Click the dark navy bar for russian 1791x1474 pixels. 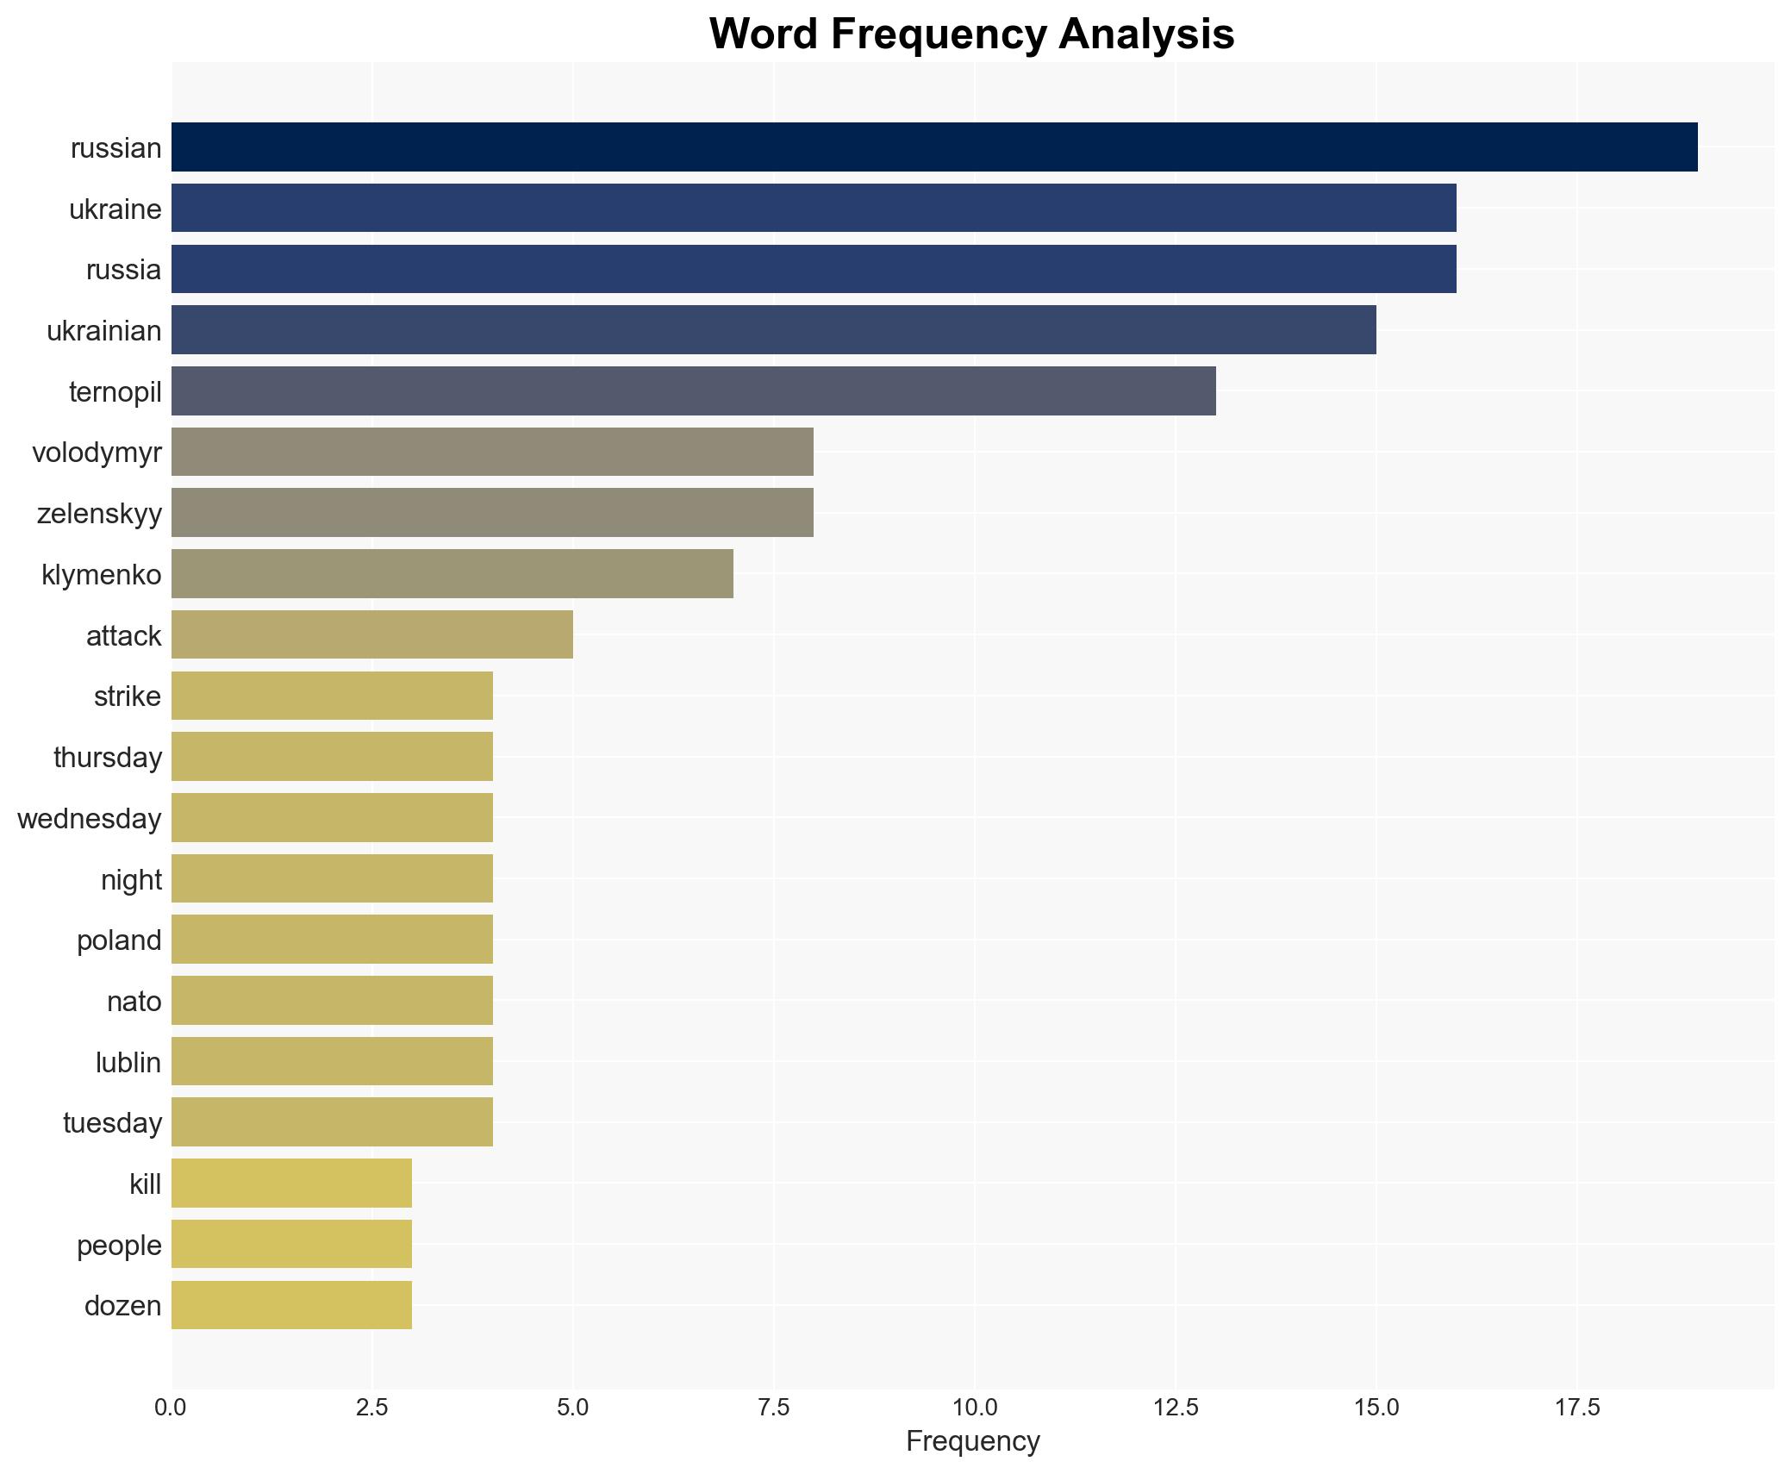point(934,147)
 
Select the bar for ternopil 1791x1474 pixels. point(693,391)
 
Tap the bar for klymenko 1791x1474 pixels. point(452,574)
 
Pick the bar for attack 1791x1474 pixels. point(371,635)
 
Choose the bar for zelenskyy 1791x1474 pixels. point(492,513)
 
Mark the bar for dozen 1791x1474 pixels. point(291,1305)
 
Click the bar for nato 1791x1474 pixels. point(332,1001)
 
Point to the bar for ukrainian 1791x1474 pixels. point(773,330)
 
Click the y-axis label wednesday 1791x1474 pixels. point(90,819)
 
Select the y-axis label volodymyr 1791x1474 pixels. point(97,453)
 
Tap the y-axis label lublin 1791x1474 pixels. point(128,1063)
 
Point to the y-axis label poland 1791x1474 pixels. point(119,940)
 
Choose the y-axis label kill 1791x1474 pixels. point(145,1184)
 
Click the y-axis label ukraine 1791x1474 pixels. point(115,209)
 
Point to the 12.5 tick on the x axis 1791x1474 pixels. point(1176,1408)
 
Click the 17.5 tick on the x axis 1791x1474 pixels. point(1577,1408)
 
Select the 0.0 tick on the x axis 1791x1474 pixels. point(171,1408)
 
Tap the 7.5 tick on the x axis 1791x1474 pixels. point(774,1408)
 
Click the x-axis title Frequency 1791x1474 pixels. point(973,1441)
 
